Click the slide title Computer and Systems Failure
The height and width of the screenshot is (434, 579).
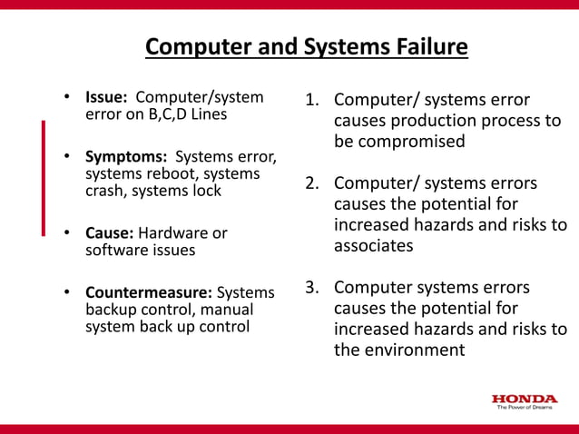[x=307, y=46]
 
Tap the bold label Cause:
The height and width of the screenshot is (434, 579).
[x=109, y=233]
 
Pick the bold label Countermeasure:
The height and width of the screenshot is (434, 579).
[x=149, y=292]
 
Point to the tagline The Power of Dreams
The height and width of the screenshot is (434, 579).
[x=525, y=408]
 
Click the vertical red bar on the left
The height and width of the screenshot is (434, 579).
[x=43, y=177]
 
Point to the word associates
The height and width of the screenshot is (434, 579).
[x=373, y=245]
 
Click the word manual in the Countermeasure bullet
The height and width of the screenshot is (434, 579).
[x=227, y=310]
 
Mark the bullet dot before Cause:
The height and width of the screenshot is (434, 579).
[x=66, y=233]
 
